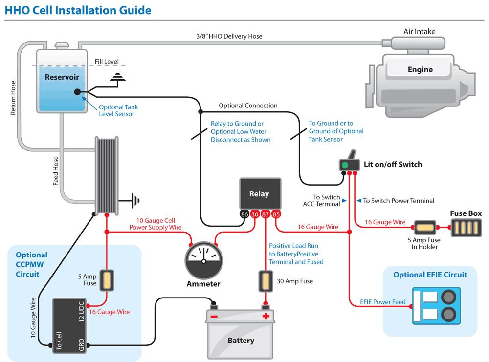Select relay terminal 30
click(x=255, y=214)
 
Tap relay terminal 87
click(x=266, y=214)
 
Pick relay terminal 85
click(x=276, y=214)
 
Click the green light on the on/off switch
click(x=345, y=165)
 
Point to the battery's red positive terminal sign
click(x=266, y=316)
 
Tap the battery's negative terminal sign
click(x=214, y=316)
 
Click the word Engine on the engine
click(x=420, y=69)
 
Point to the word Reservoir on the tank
click(x=62, y=77)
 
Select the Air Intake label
click(x=419, y=32)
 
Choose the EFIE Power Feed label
click(x=382, y=302)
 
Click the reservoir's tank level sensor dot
click(x=77, y=92)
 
